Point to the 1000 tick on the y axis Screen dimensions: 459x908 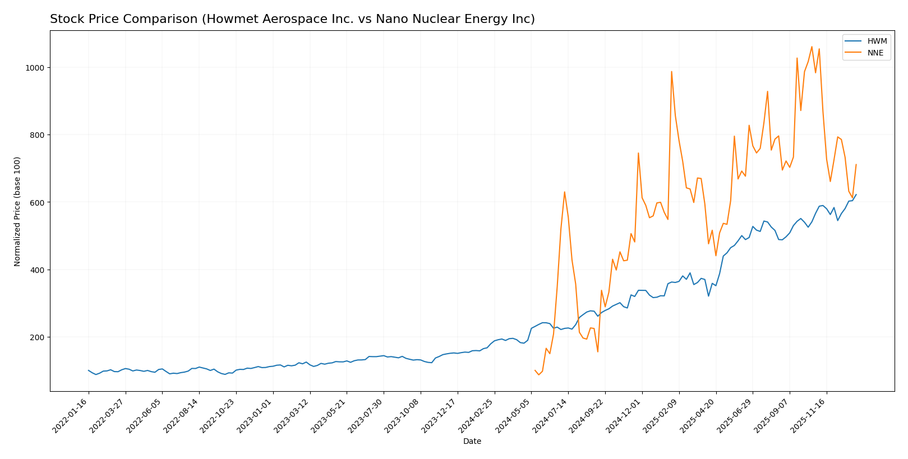pos(35,68)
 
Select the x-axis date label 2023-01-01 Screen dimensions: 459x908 pos(256,415)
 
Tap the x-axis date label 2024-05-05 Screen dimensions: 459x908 pos(515,415)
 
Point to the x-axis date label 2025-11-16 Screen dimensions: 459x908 pos(810,415)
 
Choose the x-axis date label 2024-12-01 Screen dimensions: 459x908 pos(625,415)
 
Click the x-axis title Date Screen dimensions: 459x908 pos(472,442)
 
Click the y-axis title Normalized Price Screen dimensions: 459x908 pos(17,211)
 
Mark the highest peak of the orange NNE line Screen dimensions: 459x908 pos(812,47)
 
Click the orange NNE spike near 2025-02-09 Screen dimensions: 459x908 pos(671,71)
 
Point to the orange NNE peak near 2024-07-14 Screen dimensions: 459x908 pos(564,192)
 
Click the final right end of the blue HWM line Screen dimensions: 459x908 pos(856,194)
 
